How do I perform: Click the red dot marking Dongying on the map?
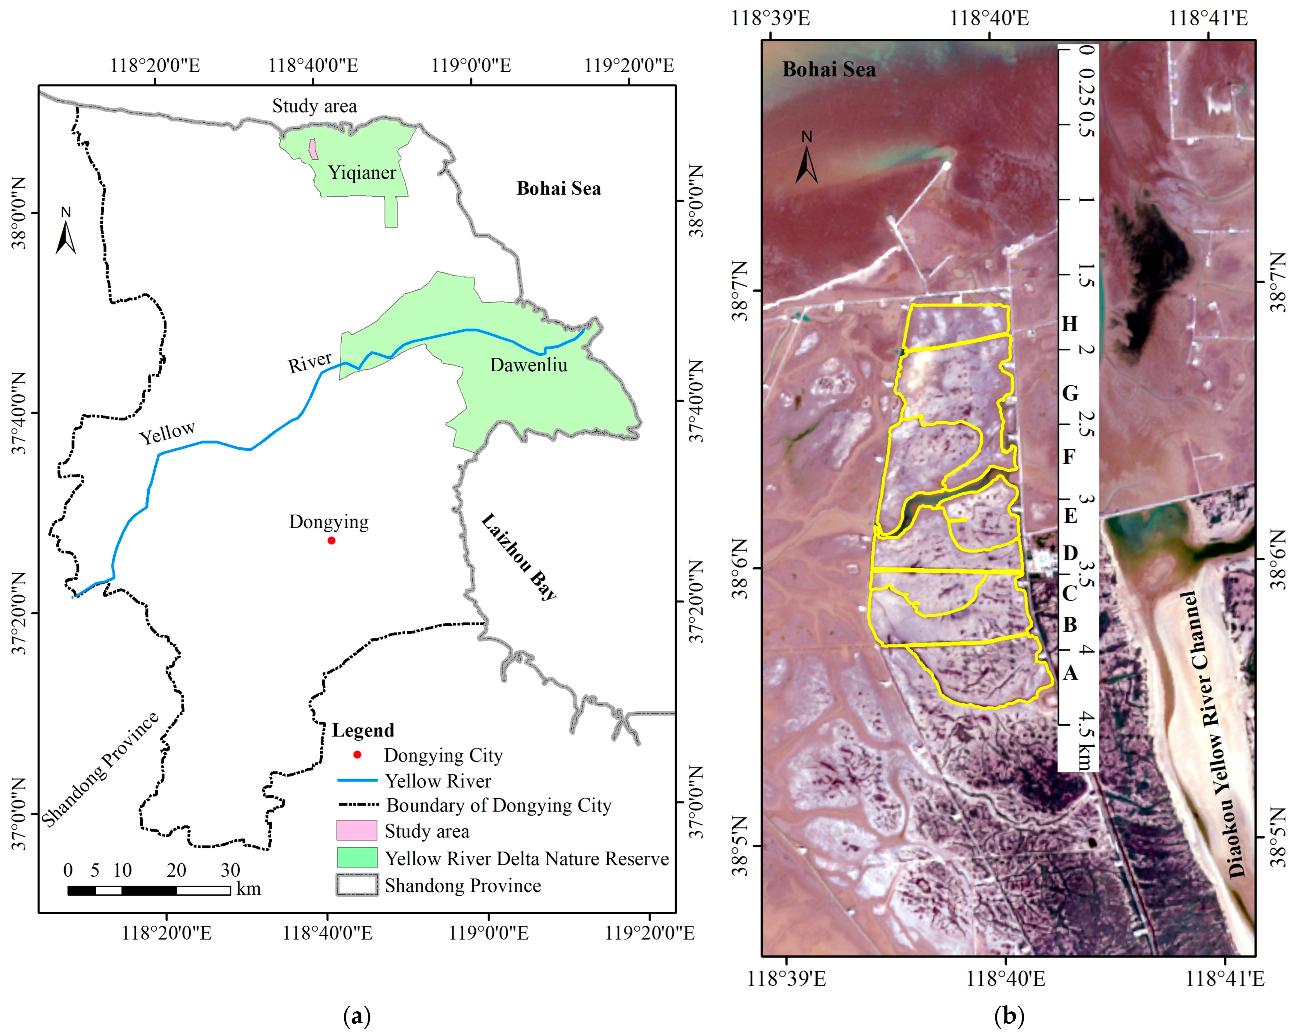(x=331, y=541)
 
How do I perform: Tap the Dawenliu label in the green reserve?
(x=528, y=365)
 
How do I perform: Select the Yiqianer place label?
(x=362, y=173)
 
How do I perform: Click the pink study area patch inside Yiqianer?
(x=313, y=149)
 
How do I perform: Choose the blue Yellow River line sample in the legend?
(x=357, y=780)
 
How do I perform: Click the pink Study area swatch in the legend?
(x=357, y=830)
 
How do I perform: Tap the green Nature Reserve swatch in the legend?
(x=357, y=858)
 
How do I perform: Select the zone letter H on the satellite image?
(x=1070, y=324)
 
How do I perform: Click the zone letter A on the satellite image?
(x=1070, y=672)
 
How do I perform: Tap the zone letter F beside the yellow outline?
(x=1069, y=457)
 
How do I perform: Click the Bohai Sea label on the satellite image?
(x=829, y=70)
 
